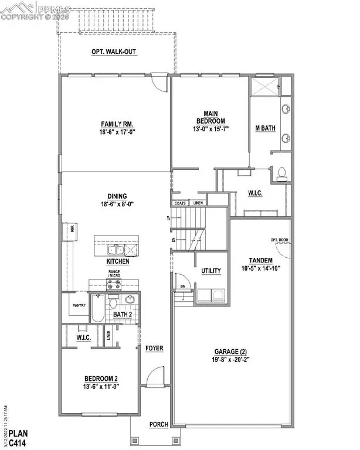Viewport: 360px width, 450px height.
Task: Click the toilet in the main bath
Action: point(282,173)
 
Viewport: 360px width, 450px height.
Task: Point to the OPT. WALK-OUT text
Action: point(114,52)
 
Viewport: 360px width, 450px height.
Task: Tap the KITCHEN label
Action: point(118,261)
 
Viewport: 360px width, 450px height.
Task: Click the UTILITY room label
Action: point(211,271)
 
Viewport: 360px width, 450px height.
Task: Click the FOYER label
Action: point(154,348)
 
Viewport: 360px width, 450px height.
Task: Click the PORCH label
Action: point(159,424)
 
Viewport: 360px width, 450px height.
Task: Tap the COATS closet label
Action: point(180,203)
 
